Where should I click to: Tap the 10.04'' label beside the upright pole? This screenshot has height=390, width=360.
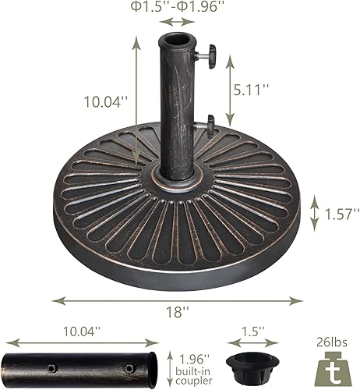(105, 100)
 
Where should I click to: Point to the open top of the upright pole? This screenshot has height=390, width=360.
(179, 39)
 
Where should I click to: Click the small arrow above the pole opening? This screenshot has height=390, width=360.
(179, 23)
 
